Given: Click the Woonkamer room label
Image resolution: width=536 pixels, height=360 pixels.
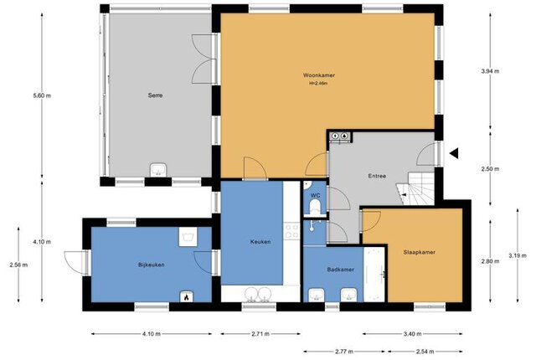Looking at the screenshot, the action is point(318,75).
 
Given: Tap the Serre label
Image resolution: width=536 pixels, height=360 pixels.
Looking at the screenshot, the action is point(155,95).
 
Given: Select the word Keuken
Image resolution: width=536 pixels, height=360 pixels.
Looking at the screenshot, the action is point(260,242).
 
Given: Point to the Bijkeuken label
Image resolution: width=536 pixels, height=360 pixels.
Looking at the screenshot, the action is point(152,265).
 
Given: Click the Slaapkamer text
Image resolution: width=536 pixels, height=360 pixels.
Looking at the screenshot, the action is point(420,252).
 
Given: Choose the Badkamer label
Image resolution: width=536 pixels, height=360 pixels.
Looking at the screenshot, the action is point(341,270).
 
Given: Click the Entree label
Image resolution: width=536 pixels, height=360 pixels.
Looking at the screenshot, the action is point(377,177).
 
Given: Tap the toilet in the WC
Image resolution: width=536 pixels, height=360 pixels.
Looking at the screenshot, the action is point(315,207).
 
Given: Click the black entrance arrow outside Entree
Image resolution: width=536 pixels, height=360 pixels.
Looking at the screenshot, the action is point(454,154).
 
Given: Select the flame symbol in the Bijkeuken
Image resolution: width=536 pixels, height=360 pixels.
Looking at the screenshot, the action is point(186,297).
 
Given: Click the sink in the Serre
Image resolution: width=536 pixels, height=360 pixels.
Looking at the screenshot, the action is point(158,170).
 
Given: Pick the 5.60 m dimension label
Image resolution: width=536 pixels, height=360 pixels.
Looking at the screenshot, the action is point(42,95).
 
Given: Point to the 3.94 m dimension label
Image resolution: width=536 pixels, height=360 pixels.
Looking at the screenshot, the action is point(490,71).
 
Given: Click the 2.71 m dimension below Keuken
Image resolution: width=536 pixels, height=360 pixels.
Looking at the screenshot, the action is point(260,334).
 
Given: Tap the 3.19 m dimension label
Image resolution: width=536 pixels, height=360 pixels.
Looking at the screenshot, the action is point(518,255).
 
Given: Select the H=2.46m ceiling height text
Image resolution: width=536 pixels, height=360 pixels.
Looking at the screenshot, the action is point(318,83).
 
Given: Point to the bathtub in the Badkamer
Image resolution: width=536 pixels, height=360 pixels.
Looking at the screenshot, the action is point(374,275).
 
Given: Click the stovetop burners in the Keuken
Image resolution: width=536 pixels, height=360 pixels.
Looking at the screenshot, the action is point(291,230).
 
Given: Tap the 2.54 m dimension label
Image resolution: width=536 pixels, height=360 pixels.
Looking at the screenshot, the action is point(425,351).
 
